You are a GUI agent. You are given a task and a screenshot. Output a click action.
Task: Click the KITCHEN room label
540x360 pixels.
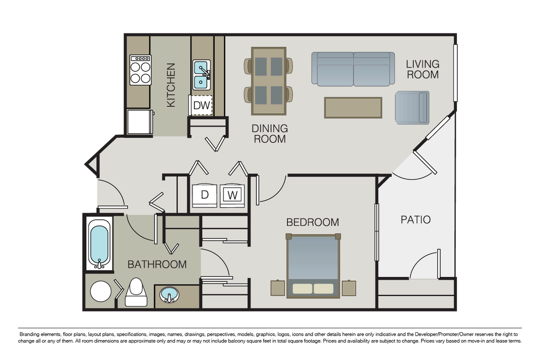click(x=171, y=85)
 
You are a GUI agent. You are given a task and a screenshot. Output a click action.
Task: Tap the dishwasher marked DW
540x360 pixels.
click(x=202, y=105)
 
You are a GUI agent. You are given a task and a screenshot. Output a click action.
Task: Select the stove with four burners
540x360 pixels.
click(x=140, y=70)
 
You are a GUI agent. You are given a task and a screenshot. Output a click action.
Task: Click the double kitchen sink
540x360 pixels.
click(x=201, y=75)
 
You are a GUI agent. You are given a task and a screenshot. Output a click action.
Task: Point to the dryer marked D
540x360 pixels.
click(x=204, y=195)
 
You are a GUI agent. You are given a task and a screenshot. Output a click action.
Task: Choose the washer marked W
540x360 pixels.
click(x=233, y=195)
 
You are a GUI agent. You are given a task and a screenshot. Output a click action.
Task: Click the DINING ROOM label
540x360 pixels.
click(x=270, y=134)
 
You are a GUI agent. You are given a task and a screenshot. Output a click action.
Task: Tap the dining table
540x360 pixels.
click(x=269, y=81)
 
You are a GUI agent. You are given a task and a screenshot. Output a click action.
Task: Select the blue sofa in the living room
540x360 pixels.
click(x=353, y=69)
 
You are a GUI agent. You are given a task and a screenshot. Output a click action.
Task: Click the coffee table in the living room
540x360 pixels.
click(x=353, y=108)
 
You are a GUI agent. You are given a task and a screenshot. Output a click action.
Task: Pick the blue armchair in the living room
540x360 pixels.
click(x=412, y=107)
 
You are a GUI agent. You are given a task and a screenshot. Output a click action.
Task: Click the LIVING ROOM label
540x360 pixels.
click(x=422, y=69)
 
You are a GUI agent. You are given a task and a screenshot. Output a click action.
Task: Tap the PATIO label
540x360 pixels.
click(x=415, y=220)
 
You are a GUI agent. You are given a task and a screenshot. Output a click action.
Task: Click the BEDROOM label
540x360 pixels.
click(x=312, y=222)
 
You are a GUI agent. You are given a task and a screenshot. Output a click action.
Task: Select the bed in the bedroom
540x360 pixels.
click(x=313, y=266)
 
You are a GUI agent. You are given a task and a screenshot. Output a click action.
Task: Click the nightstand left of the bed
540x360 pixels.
click(x=277, y=288)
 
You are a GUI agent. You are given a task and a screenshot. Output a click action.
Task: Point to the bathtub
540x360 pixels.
click(x=99, y=243)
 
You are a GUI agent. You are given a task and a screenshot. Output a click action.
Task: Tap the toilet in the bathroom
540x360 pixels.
click(x=136, y=293)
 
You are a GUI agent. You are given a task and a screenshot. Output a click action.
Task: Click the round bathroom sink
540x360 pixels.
click(x=169, y=295)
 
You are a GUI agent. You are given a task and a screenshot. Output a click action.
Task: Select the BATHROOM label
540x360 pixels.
click(x=157, y=264)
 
